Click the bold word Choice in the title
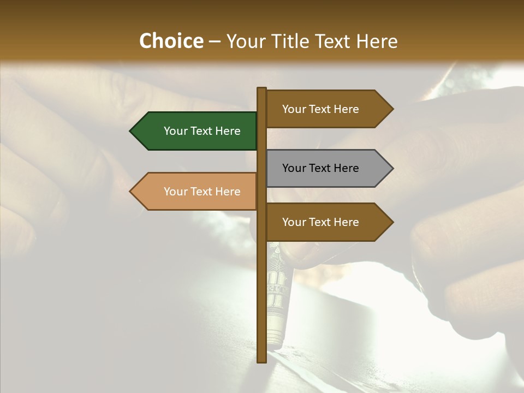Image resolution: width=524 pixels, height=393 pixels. pyautogui.click(x=171, y=41)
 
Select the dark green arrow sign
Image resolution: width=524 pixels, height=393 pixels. pyautogui.click(x=196, y=131)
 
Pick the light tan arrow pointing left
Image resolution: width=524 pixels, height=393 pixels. pyautogui.click(x=196, y=192)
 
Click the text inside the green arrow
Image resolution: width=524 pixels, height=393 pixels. pyautogui.click(x=202, y=131)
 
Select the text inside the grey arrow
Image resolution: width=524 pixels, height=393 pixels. pyautogui.click(x=320, y=168)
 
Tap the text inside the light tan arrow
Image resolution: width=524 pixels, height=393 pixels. pyautogui.click(x=202, y=192)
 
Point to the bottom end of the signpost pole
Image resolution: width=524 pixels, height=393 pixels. pyautogui.click(x=261, y=360)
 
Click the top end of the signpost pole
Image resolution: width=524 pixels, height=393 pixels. pyautogui.click(x=261, y=89)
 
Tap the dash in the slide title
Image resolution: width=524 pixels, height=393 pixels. pyautogui.click(x=215, y=41)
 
